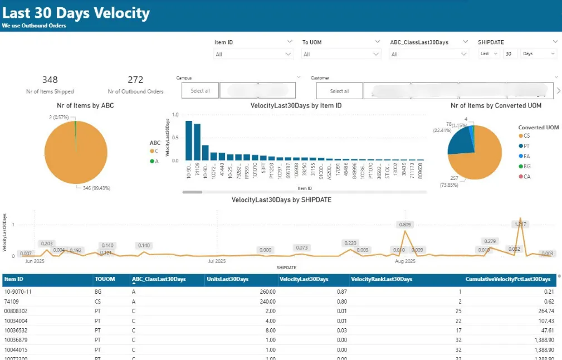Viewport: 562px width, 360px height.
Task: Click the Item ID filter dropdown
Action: (x=253, y=54)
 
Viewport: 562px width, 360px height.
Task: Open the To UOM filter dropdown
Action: (x=341, y=54)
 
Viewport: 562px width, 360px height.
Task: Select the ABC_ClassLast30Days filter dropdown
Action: (x=429, y=54)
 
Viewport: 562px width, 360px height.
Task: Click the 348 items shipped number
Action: (x=50, y=80)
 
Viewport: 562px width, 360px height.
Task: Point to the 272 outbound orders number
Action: (x=135, y=80)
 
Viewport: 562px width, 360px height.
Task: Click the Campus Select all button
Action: (x=200, y=91)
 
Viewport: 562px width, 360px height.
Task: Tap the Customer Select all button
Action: (x=339, y=91)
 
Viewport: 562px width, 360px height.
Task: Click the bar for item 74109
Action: (x=197, y=142)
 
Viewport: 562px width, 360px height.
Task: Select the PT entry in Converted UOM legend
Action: (x=527, y=145)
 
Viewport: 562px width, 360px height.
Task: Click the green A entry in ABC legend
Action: (x=155, y=161)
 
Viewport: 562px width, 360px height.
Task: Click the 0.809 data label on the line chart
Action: (x=405, y=225)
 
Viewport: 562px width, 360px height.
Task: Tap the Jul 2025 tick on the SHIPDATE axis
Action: (x=217, y=261)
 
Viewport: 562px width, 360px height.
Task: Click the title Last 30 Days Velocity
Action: (x=76, y=13)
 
